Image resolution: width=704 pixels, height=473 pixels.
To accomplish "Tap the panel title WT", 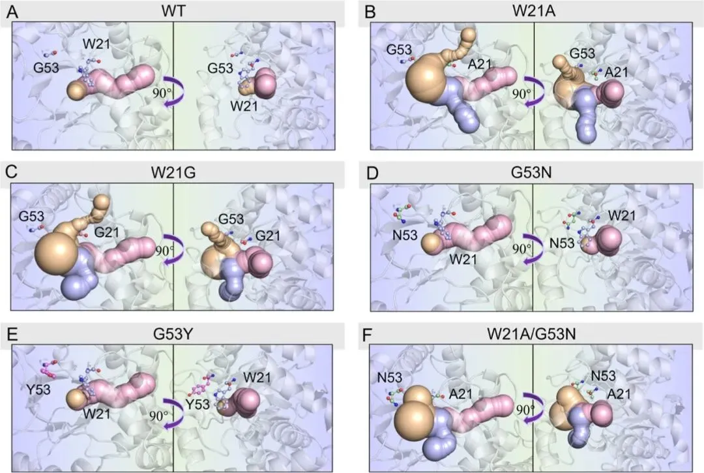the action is coord(173,11).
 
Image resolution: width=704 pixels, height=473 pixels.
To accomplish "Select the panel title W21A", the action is coord(533,11).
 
